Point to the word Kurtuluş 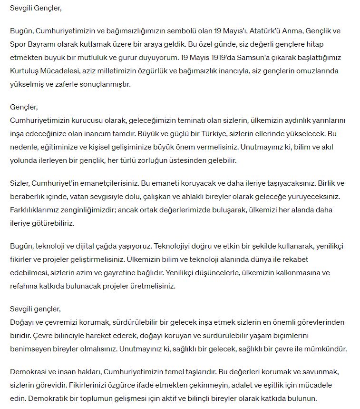coord(25,71)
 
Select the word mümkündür coord(326,349)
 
